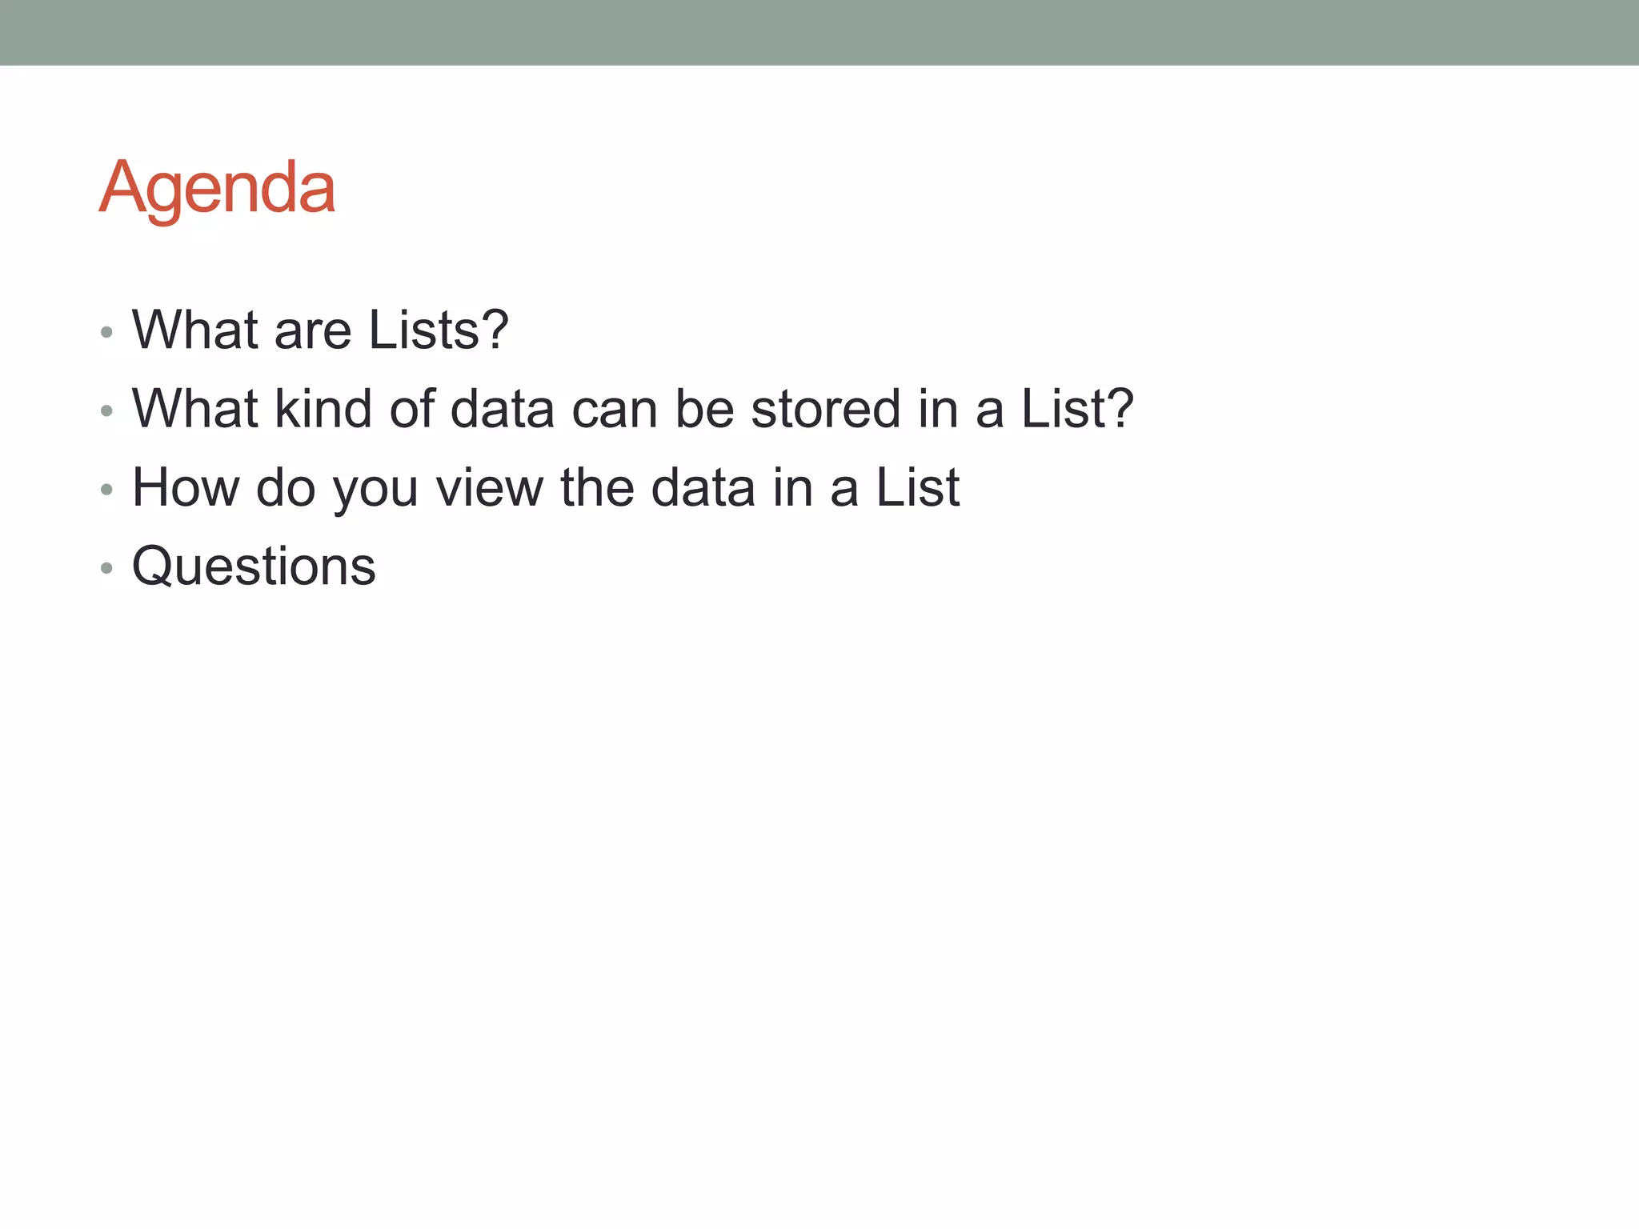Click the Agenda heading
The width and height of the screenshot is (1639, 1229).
(x=217, y=188)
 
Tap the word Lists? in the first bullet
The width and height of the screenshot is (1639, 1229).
(x=439, y=330)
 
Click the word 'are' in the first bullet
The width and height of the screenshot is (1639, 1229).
(x=313, y=331)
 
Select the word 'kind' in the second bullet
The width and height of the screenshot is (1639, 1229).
(x=323, y=408)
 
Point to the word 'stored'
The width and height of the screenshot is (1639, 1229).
(x=826, y=408)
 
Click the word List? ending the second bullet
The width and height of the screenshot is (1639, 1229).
(x=1077, y=408)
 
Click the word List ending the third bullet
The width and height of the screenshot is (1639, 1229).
(x=917, y=486)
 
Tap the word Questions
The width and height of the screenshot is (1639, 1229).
(x=254, y=566)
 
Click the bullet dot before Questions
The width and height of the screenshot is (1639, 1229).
(x=107, y=568)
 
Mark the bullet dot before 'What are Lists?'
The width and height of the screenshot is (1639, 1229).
(x=107, y=332)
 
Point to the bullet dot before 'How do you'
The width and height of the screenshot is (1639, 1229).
(x=107, y=489)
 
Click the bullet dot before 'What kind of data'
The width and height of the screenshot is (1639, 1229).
(x=107, y=410)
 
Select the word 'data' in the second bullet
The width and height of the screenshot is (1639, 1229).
(x=503, y=408)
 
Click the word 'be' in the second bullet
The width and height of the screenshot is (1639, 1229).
(x=704, y=408)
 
